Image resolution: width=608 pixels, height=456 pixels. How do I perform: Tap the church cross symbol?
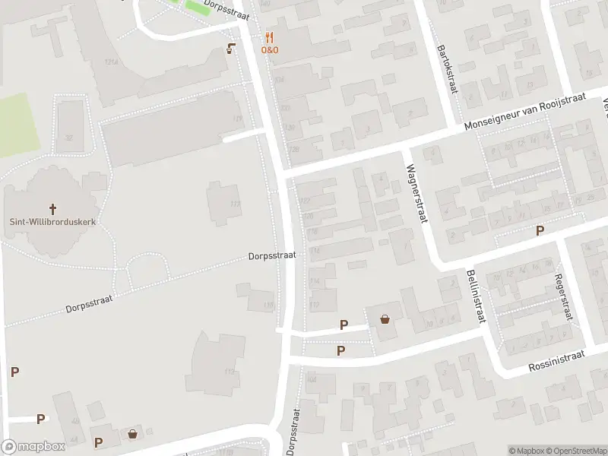pos(53,208)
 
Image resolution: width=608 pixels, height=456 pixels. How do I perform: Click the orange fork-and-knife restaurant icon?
pos(269,37)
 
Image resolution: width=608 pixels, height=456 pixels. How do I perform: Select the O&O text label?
pos(270,49)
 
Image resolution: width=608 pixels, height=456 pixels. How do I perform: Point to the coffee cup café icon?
pos(230,49)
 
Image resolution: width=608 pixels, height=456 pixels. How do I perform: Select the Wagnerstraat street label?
pos(416,194)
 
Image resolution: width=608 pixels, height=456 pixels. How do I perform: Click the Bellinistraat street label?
pos(476,296)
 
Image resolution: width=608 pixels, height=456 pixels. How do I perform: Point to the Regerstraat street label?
pos(563,297)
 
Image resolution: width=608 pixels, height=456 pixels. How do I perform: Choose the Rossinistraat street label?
pos(557,362)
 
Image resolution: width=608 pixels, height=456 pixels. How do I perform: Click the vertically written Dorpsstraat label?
pos(293,431)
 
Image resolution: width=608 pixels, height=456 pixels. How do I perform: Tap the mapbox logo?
pos(33,447)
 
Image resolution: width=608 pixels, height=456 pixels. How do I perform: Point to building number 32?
pos(68,138)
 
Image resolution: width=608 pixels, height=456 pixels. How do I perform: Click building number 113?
pos(230,372)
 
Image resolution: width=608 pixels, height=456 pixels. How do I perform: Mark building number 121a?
pos(112,61)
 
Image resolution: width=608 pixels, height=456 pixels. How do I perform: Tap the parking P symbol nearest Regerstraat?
pos(540,231)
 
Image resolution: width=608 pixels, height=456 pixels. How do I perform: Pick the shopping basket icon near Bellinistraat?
pos(385,319)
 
